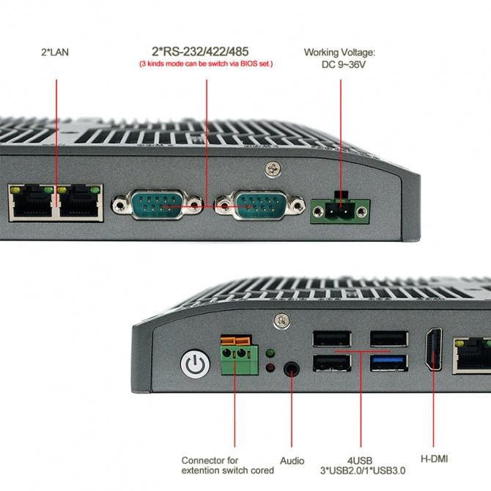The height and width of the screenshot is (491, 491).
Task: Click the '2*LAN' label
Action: coord(56,52)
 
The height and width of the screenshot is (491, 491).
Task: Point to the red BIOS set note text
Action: coord(206,64)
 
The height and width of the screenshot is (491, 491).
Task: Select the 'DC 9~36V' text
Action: coord(339,64)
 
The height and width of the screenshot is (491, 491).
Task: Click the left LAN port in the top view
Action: coord(31,202)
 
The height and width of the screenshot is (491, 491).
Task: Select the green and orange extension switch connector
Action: coord(237,355)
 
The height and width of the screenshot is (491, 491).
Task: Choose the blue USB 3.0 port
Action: coord(389,362)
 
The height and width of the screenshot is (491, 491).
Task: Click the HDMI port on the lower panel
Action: coord(434,350)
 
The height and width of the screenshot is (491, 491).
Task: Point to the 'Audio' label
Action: coord(292,461)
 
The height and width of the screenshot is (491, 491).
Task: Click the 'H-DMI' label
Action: coord(434,459)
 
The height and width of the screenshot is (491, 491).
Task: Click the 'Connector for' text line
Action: coord(210,461)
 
